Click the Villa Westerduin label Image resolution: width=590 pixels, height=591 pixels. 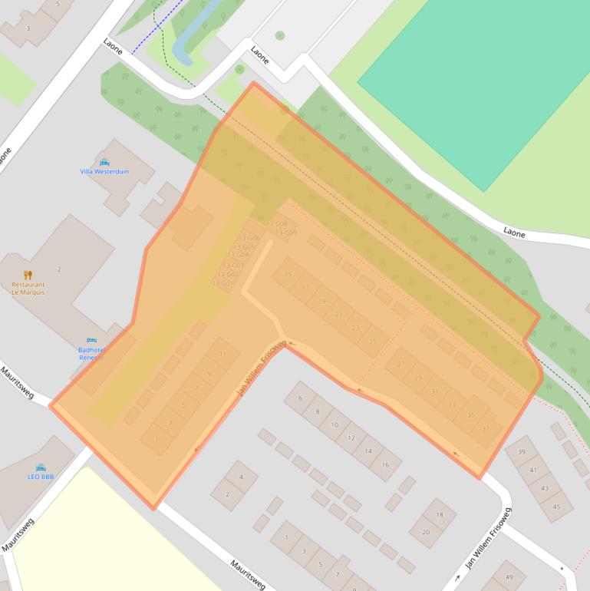coord(104,172)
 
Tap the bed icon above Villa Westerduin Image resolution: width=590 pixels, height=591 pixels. coord(104,163)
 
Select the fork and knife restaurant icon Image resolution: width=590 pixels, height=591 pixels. coord(28,275)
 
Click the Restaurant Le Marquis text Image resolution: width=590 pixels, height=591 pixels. coord(28,288)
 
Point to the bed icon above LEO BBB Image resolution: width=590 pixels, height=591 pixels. coord(41,467)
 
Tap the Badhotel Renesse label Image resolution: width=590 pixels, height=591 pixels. coord(91,353)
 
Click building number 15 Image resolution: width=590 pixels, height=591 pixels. coord(288,274)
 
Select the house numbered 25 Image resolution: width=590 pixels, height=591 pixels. coord(373,342)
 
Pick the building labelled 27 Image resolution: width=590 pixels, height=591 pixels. coord(400,364)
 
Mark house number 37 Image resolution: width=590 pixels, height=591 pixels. coord(485,429)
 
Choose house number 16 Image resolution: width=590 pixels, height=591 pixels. coord(385,464)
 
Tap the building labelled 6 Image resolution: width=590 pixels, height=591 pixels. coord(301,398)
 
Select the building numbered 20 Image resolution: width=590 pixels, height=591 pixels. coord(426,530)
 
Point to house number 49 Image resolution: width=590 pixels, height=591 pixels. coord(509,576)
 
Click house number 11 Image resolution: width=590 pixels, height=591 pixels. coord(223,353)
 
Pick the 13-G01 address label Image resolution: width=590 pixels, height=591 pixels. coord(222,283)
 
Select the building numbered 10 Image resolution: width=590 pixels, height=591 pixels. coord(335,424)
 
